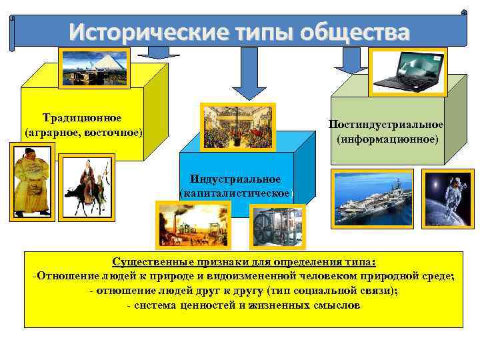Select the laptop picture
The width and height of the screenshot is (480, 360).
coord(409,71)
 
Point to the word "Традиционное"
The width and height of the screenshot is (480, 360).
coord(82,118)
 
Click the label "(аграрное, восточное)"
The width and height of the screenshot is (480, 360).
coord(83,132)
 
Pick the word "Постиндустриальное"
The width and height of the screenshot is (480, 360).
coord(386,125)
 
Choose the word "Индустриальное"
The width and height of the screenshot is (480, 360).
coord(235,179)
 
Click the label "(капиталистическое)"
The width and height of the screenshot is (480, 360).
coord(236,193)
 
